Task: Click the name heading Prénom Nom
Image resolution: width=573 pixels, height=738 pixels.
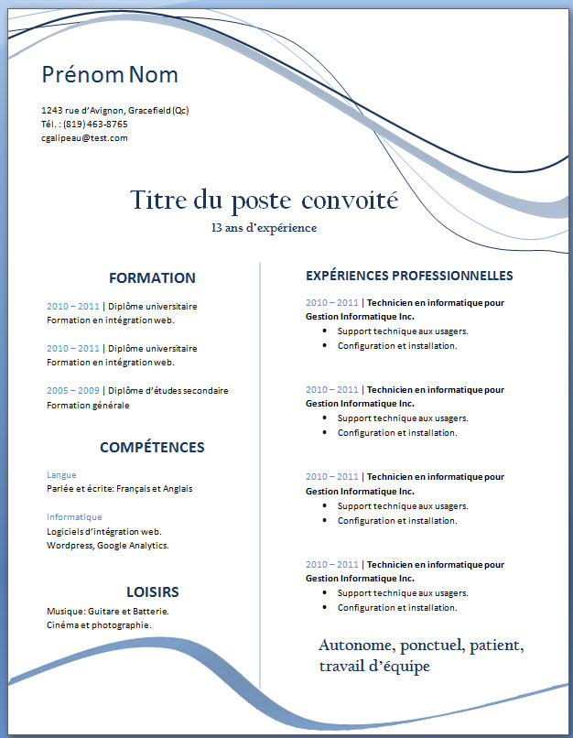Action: point(110,75)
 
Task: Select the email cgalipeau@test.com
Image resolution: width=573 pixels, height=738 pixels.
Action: point(84,137)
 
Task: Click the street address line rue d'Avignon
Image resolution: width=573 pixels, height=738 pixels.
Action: point(114,110)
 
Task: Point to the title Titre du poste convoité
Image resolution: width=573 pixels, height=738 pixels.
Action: point(264,199)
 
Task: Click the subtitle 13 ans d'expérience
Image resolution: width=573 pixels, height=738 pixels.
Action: point(264,227)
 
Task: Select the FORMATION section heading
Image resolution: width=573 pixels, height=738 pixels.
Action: point(152,278)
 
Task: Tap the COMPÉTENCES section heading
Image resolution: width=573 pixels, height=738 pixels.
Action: point(152,448)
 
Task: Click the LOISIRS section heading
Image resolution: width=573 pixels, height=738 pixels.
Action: point(152,592)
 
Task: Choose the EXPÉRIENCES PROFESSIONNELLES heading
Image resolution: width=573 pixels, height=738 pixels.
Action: point(409,276)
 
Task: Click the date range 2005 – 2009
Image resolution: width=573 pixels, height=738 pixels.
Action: point(72,391)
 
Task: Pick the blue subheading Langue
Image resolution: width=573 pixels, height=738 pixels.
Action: point(61,474)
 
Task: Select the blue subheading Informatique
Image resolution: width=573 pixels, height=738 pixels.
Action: point(69,516)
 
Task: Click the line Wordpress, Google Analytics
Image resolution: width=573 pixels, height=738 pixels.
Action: point(107,546)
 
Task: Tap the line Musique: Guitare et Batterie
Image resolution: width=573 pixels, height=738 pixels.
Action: point(107,611)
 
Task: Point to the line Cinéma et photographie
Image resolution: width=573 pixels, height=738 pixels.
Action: point(99,625)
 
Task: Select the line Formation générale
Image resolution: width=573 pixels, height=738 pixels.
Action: point(88,405)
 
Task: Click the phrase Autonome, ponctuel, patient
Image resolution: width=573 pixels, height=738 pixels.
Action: point(421,646)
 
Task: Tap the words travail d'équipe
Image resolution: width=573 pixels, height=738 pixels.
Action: point(374,667)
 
